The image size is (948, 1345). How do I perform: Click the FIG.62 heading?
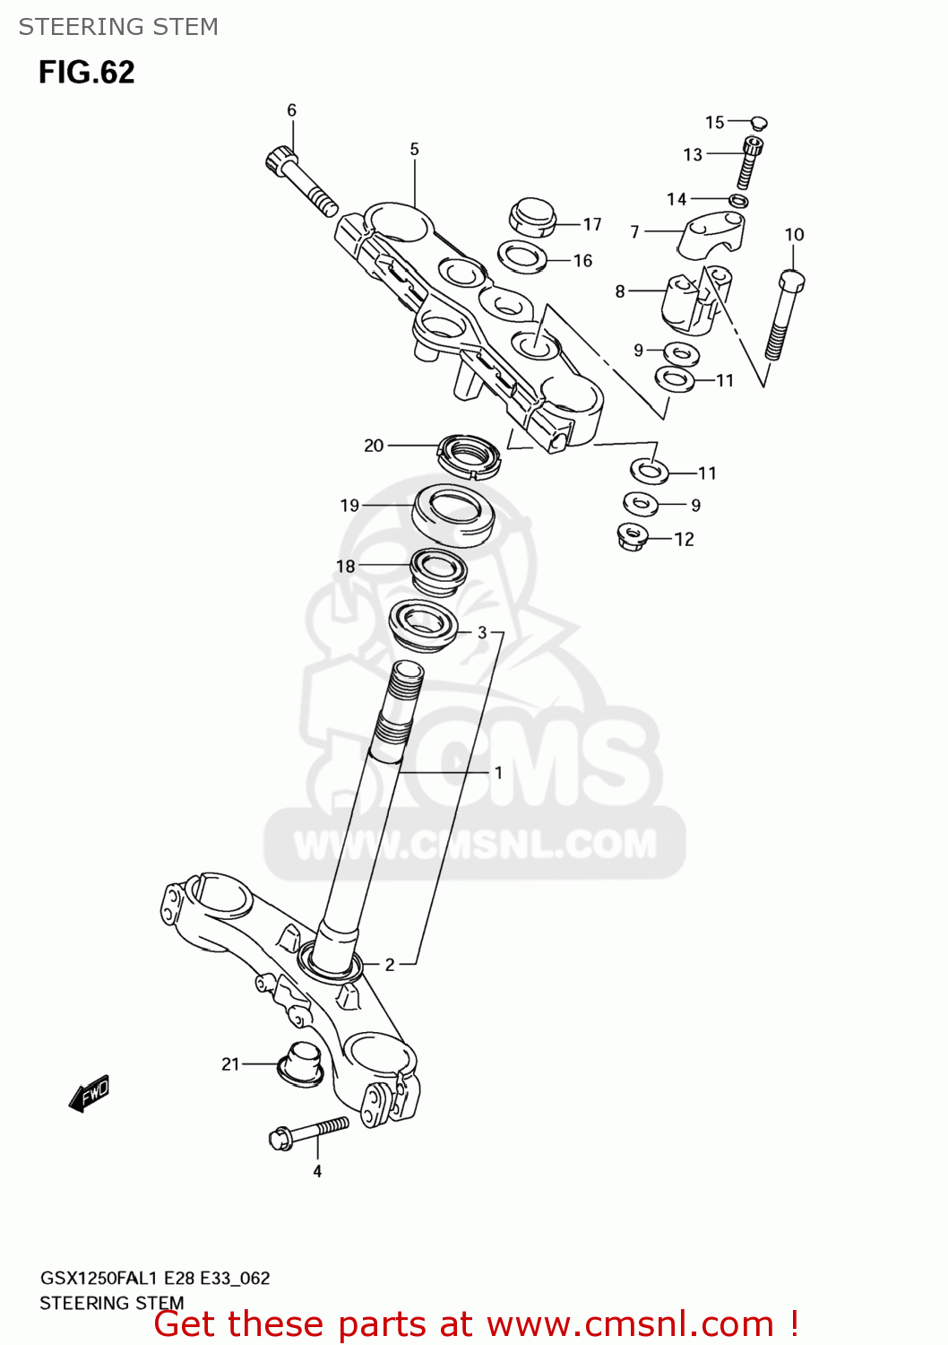86,72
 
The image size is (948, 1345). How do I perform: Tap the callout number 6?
291,110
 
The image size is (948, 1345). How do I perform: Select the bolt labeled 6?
300,182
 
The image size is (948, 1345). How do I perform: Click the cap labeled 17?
532,217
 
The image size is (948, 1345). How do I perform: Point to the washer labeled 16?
522,257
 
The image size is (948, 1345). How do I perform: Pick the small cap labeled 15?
758,122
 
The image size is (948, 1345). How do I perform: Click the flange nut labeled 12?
634,536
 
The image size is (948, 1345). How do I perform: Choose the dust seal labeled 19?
453,514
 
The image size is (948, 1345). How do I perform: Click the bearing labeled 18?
438,571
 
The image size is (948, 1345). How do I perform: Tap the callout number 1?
498,772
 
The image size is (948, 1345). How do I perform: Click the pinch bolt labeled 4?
308,1132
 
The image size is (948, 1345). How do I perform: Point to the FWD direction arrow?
90,1093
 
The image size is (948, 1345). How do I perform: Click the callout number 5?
414,149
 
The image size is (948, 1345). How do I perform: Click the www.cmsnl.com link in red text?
631,1323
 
